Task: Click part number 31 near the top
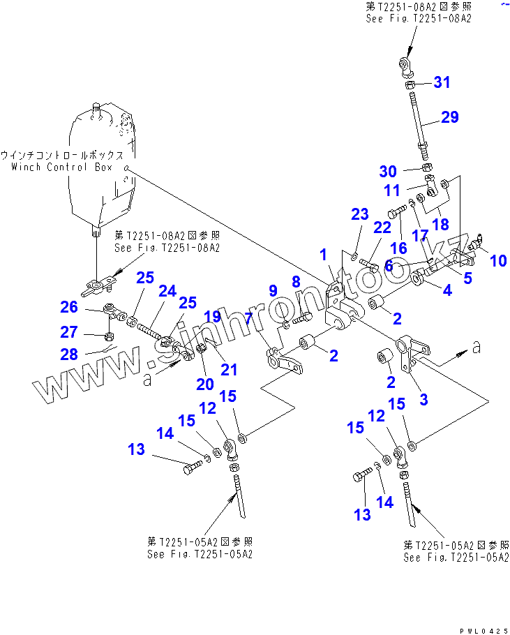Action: click(x=442, y=82)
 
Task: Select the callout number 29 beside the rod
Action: click(x=449, y=117)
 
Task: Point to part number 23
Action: click(x=359, y=215)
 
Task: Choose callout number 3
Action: click(x=423, y=400)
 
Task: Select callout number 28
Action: click(x=68, y=354)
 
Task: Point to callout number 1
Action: click(x=323, y=256)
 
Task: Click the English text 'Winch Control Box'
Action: click(x=67, y=167)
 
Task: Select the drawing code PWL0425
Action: click(x=479, y=630)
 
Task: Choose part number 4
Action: click(x=447, y=290)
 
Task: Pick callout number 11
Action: click(x=392, y=189)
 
